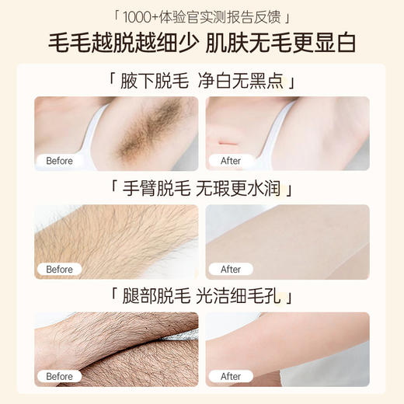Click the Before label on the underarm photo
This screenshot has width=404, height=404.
pyautogui.click(x=59, y=161)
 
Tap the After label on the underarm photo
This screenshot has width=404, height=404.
pyautogui.click(x=231, y=161)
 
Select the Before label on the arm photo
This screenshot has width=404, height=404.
pyautogui.click(x=59, y=269)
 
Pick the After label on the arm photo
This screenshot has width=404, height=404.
pyautogui.click(x=231, y=269)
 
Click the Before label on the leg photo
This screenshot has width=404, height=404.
pyautogui.click(x=59, y=376)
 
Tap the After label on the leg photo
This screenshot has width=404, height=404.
pyautogui.click(x=231, y=376)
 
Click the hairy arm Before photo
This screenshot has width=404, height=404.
pyautogui.click(x=117, y=239)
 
